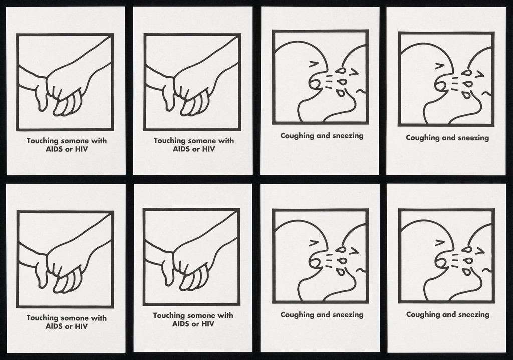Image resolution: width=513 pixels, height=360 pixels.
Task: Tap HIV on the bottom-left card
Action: pos(81,326)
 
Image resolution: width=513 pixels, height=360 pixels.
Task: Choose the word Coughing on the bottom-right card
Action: pos(421,315)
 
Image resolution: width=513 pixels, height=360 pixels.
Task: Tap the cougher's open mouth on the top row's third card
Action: pos(315,83)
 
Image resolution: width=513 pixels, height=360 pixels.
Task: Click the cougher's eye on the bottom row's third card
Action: pos(314,242)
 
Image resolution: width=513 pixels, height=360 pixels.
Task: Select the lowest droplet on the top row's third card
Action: pos(341,93)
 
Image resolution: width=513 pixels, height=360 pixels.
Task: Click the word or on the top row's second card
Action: pos(195,149)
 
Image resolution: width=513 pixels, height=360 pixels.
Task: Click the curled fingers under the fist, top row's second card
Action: pos(196,104)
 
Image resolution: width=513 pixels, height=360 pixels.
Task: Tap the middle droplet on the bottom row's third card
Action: pos(342,261)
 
